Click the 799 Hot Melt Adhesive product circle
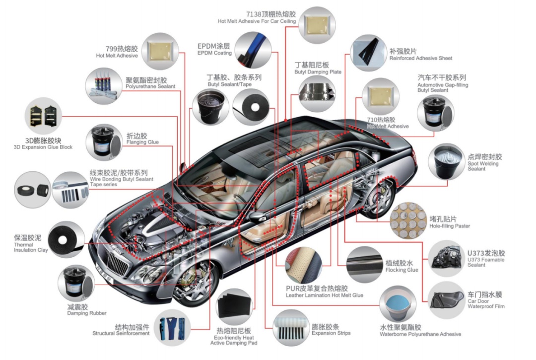coord(160,51)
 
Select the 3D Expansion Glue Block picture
coord(44,115)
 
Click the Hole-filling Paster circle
coord(408,219)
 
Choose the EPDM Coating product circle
coord(253,49)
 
